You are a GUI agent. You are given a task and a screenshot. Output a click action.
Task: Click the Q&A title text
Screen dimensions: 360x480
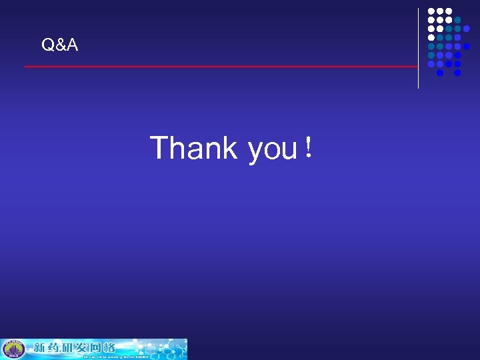pyautogui.click(x=59, y=45)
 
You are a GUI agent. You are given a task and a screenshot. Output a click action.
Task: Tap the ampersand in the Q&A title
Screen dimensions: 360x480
pyautogui.click(x=59, y=45)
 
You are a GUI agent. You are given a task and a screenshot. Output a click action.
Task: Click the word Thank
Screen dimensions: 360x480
pyautogui.click(x=193, y=147)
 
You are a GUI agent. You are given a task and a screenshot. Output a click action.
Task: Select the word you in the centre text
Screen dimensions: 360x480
pyautogui.click(x=272, y=149)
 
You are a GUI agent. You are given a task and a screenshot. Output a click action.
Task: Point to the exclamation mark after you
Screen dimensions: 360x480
pyautogui.click(x=307, y=147)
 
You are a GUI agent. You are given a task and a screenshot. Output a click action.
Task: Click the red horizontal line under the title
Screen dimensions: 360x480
pyautogui.click(x=220, y=67)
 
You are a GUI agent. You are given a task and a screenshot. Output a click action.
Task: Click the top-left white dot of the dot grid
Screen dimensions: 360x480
pyautogui.click(x=431, y=12)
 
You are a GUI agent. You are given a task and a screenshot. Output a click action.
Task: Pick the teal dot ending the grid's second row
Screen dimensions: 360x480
pyautogui.click(x=457, y=21)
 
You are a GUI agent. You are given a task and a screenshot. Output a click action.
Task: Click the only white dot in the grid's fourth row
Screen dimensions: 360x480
pyautogui.click(x=431, y=38)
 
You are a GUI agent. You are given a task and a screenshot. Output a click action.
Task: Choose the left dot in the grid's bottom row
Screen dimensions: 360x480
pyautogui.click(x=439, y=73)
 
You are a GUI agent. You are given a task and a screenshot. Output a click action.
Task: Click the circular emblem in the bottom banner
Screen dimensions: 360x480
pyautogui.click(x=13, y=349)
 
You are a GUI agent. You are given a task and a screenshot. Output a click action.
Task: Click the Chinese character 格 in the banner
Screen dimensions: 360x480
pyautogui.click(x=108, y=347)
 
